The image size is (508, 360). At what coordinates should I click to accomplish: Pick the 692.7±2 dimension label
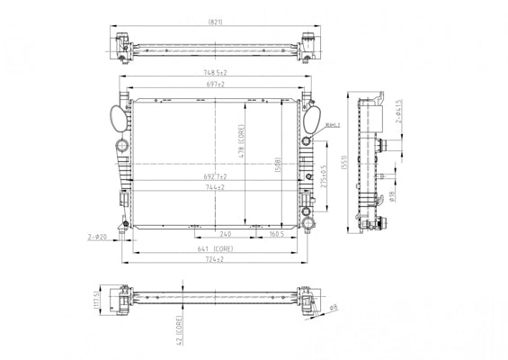214,176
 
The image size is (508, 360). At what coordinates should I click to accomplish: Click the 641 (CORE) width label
214,248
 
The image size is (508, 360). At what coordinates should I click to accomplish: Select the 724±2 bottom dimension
214,259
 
